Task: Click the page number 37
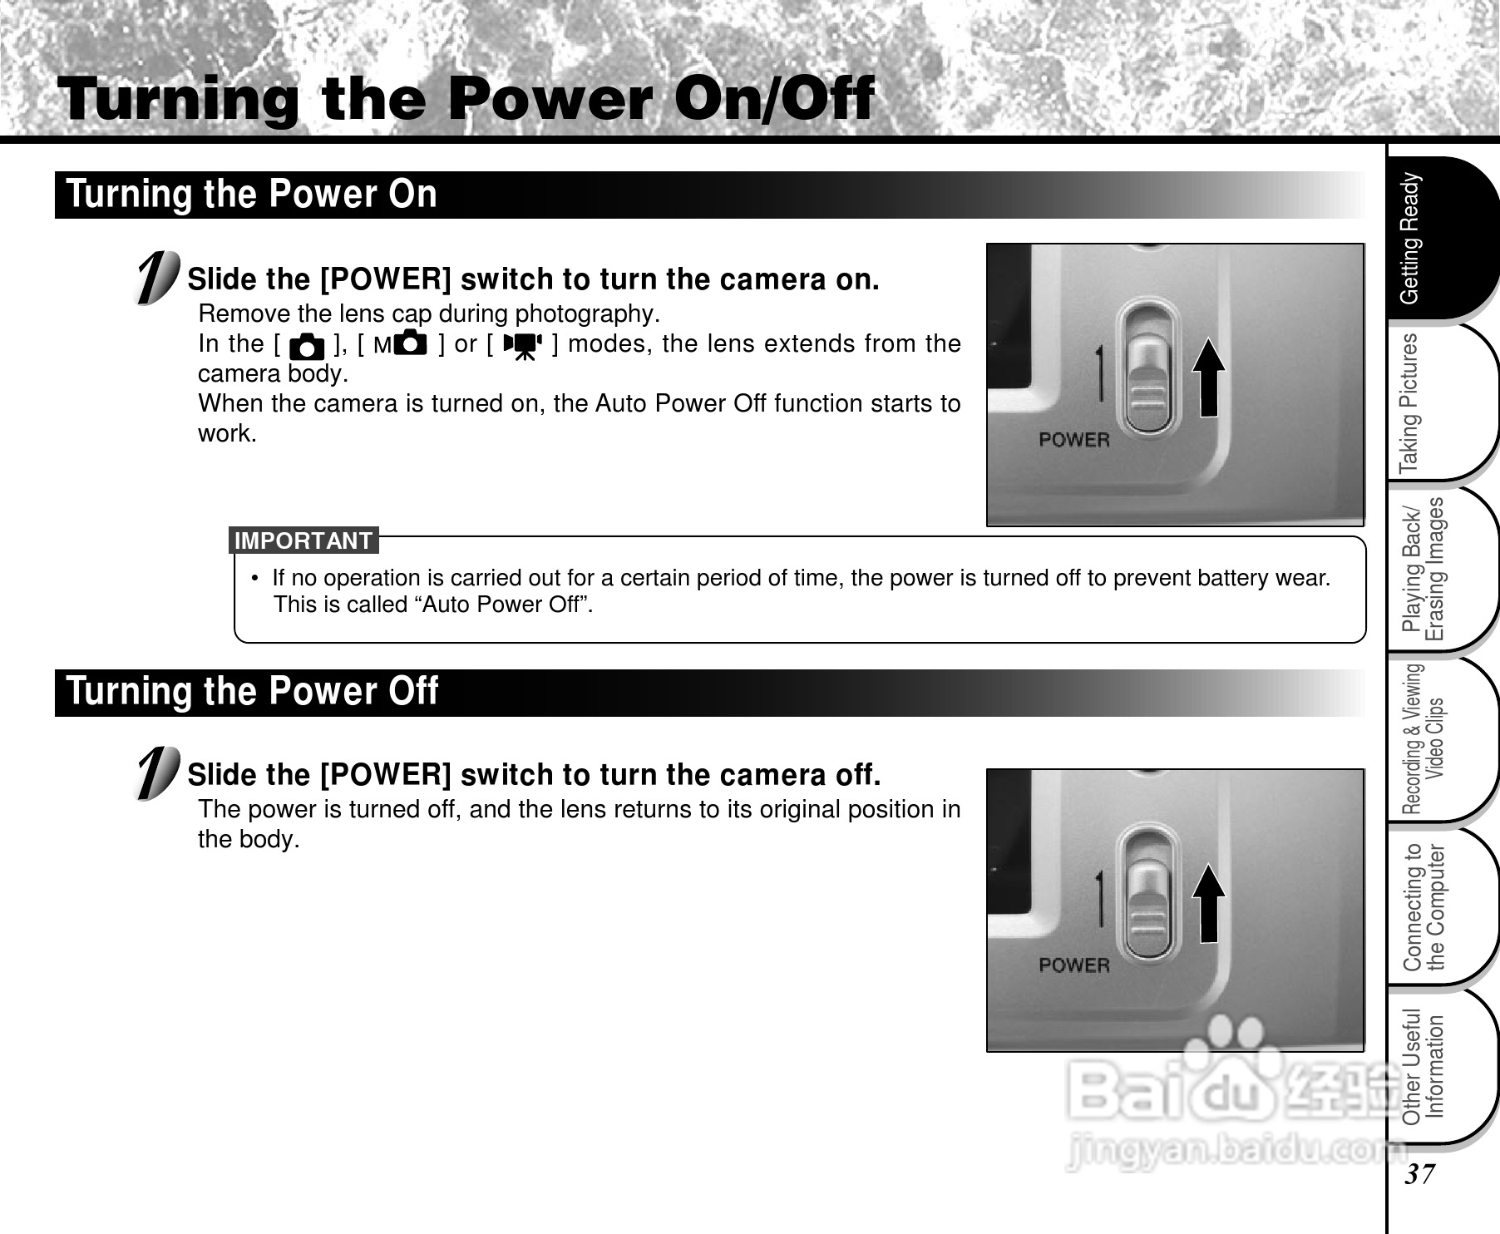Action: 1420,1174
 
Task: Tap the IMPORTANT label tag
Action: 303,540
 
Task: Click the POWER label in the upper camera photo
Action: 1074,440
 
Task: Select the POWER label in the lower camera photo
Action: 1074,965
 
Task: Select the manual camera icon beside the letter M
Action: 409,343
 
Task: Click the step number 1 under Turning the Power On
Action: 158,278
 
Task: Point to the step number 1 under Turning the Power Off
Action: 158,773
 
